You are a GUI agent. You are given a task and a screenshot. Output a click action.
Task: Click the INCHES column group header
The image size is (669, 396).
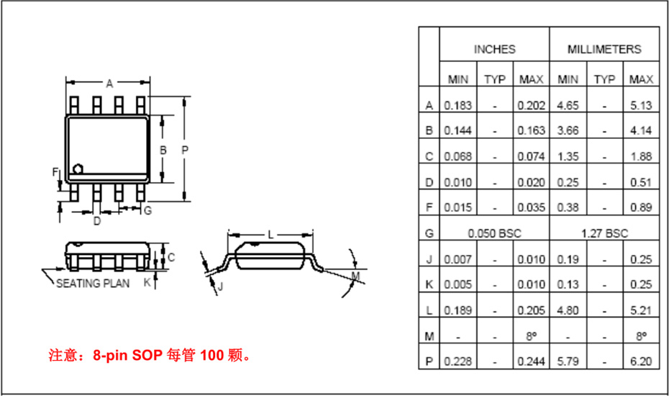(x=494, y=50)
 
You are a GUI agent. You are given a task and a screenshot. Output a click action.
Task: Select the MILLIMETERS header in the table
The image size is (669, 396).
(x=604, y=50)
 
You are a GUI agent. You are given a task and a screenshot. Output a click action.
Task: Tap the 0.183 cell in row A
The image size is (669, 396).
(x=458, y=105)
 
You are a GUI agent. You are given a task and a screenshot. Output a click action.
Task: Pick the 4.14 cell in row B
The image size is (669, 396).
(x=641, y=130)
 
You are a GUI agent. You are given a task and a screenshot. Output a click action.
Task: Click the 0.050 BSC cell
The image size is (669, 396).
(x=494, y=233)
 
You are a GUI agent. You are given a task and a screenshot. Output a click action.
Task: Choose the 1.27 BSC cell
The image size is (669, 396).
(x=604, y=233)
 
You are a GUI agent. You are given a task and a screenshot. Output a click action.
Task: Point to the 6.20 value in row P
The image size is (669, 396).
(x=641, y=361)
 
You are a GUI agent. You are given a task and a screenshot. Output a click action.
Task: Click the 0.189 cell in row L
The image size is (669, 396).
(x=458, y=310)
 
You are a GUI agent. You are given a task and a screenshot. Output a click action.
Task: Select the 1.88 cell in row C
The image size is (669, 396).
(x=641, y=156)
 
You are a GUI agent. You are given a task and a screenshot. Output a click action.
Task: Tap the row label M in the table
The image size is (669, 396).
(x=429, y=337)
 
